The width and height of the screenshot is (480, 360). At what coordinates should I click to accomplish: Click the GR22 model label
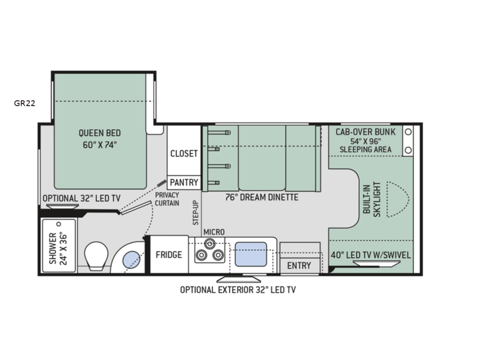[x=25, y=103]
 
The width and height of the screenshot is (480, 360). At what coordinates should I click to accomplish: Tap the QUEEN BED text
[x=100, y=133]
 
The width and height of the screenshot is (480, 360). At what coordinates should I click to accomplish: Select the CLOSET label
[x=184, y=154]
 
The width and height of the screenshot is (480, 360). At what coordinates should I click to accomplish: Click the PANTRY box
[x=184, y=182]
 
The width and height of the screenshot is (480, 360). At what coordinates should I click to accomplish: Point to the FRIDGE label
[x=169, y=254]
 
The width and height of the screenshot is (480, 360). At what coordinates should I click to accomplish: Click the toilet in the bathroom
[x=96, y=256]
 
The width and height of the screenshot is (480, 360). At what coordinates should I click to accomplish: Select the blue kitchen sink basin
[x=251, y=254]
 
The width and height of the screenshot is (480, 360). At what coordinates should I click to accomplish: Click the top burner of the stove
[x=209, y=244]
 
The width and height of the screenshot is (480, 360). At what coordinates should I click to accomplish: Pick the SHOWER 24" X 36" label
[x=58, y=249]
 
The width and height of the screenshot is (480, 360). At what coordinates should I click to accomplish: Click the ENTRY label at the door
[x=299, y=265]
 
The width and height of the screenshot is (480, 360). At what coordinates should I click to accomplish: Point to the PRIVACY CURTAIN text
[x=167, y=199]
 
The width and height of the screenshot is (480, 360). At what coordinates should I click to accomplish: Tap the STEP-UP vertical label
[x=196, y=213]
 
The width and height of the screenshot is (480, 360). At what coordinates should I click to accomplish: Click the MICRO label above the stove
[x=214, y=232]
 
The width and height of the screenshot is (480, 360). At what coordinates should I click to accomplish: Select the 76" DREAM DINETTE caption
[x=262, y=197]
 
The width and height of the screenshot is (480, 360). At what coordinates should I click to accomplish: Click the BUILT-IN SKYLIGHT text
[x=371, y=199]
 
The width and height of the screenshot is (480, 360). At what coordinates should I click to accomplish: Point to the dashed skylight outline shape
[x=398, y=199]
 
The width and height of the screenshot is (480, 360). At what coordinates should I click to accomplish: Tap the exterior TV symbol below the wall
[x=239, y=279]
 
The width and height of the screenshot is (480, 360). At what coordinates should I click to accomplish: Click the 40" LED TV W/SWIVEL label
[x=371, y=255]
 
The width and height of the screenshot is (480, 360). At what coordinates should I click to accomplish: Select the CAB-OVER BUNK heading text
[x=365, y=132]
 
